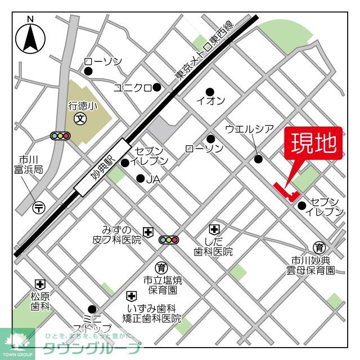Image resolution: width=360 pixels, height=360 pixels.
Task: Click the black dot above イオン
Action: tap(210, 92)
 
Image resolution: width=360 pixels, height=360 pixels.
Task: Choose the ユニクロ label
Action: tap(133, 87)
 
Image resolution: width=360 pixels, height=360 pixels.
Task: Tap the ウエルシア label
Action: tap(249, 129)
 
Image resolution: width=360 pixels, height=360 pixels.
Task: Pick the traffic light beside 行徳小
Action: tap(60, 136)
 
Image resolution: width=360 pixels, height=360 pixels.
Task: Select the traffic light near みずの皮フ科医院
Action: tap(168, 240)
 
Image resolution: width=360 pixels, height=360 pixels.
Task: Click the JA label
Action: tap(154, 179)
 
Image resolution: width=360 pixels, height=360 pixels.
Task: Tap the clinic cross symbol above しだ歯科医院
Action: tap(214, 229)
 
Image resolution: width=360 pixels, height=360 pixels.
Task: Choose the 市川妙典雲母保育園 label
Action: tap(310, 265)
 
